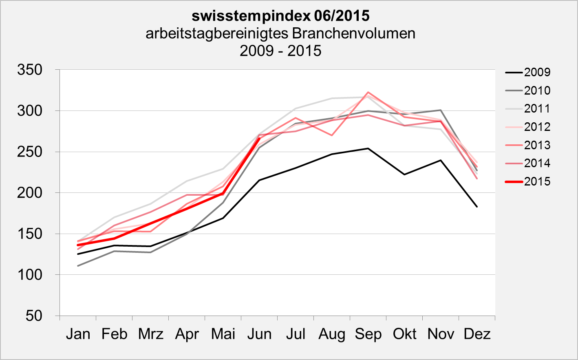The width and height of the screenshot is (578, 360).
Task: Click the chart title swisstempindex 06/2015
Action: pos(280,16)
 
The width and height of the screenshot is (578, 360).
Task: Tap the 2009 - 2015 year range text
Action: pos(280,51)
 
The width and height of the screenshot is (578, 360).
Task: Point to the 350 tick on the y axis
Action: pos(30,70)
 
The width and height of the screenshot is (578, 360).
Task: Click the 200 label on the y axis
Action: pos(30,193)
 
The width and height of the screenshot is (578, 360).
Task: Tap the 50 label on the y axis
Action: pos(34,316)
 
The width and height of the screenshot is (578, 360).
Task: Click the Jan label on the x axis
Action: pos(78,334)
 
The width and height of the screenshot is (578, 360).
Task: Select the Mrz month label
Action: pos(150,334)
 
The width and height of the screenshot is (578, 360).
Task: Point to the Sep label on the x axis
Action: pos(368,334)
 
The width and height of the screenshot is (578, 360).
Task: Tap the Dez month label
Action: pos(477,334)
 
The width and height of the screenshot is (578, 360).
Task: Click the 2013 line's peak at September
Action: pos(368,92)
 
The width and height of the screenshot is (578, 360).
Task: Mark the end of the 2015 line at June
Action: pos(259,139)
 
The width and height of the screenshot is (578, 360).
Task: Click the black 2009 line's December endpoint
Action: pos(477,207)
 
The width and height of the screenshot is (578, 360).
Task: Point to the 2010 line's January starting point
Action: pos(78,266)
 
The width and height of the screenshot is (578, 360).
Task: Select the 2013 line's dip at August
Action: pos(332,135)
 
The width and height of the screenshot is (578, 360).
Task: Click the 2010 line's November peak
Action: pos(441,110)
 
